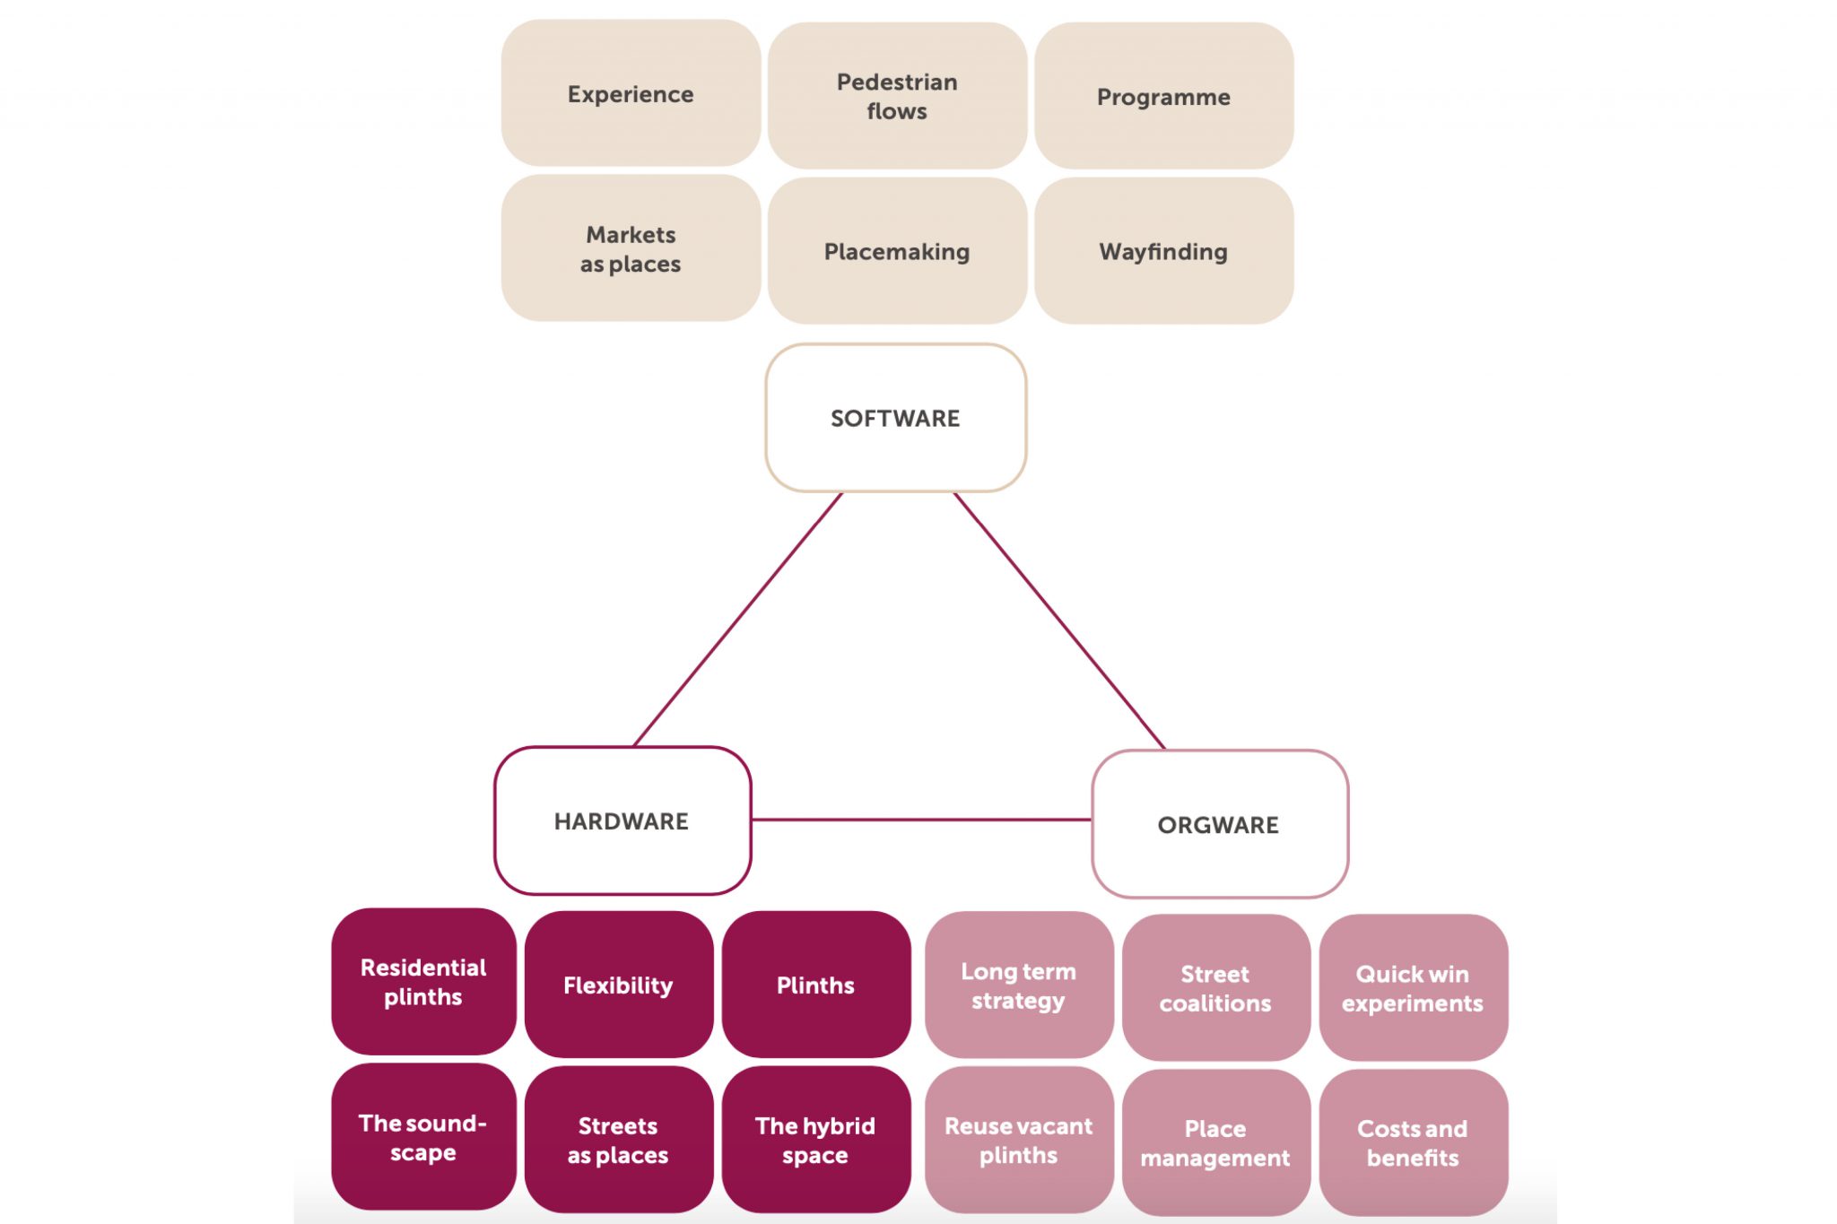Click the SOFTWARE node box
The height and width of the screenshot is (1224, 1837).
[x=895, y=418]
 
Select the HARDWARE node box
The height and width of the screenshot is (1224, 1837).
[x=622, y=820]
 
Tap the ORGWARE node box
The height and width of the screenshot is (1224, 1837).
[x=1219, y=824]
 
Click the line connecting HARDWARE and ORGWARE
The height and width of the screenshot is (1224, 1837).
[x=921, y=820]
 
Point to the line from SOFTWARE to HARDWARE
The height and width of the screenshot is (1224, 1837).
[x=737, y=619]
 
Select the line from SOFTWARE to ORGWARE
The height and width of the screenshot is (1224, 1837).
[x=1059, y=621]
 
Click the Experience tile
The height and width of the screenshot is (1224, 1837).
[x=631, y=94]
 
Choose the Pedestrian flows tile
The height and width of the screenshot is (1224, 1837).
[x=897, y=96]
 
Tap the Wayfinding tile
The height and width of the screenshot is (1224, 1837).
[x=1163, y=251]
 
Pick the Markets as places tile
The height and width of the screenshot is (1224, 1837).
[x=631, y=248]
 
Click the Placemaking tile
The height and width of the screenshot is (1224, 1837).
[x=897, y=251]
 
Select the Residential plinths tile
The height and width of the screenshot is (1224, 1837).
[x=423, y=982]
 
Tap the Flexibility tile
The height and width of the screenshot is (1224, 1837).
[x=618, y=985]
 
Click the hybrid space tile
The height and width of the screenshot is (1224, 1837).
[x=815, y=1140]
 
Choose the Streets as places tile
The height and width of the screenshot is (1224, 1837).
[x=618, y=1140]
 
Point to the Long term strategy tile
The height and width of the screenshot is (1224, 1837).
[x=1018, y=985]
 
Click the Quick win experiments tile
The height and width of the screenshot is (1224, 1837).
[x=1413, y=987]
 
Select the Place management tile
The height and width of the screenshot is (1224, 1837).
[x=1215, y=1142]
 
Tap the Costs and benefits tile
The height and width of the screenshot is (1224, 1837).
[x=1413, y=1142]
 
